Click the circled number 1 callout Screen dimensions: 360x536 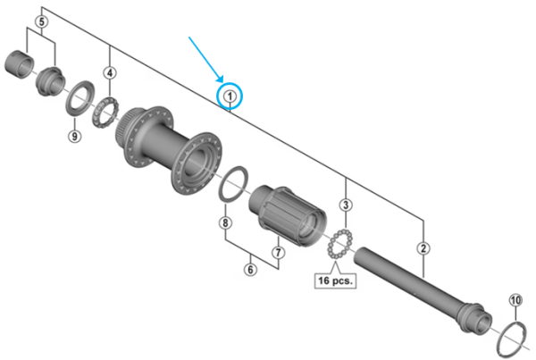[x=230, y=95]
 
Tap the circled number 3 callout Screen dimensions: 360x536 [x=346, y=205]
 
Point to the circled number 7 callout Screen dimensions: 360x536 [x=278, y=252]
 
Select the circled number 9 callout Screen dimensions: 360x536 [x=74, y=136]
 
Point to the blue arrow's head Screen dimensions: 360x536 [x=222, y=79]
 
